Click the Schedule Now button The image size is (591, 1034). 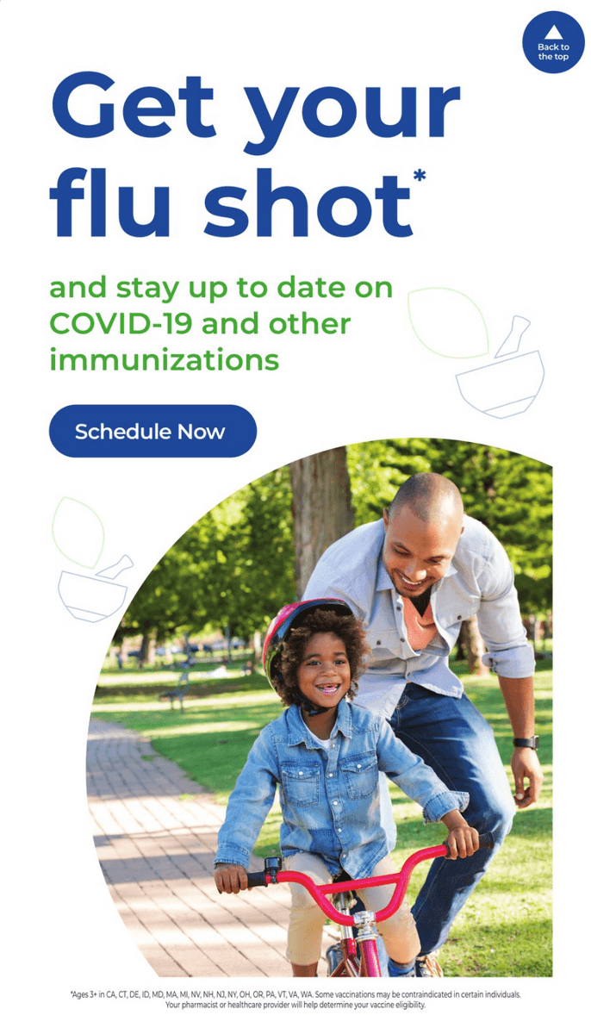[x=152, y=431]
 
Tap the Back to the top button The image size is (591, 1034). [x=553, y=42]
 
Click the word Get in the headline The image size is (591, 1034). [x=134, y=106]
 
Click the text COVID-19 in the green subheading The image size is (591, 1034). [x=121, y=324]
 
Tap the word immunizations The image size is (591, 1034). [x=165, y=359]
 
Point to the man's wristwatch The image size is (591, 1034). [x=526, y=742]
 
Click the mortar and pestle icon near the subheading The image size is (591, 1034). [x=501, y=370]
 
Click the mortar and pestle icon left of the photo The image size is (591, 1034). [x=95, y=591]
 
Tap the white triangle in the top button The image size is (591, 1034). [x=553, y=34]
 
